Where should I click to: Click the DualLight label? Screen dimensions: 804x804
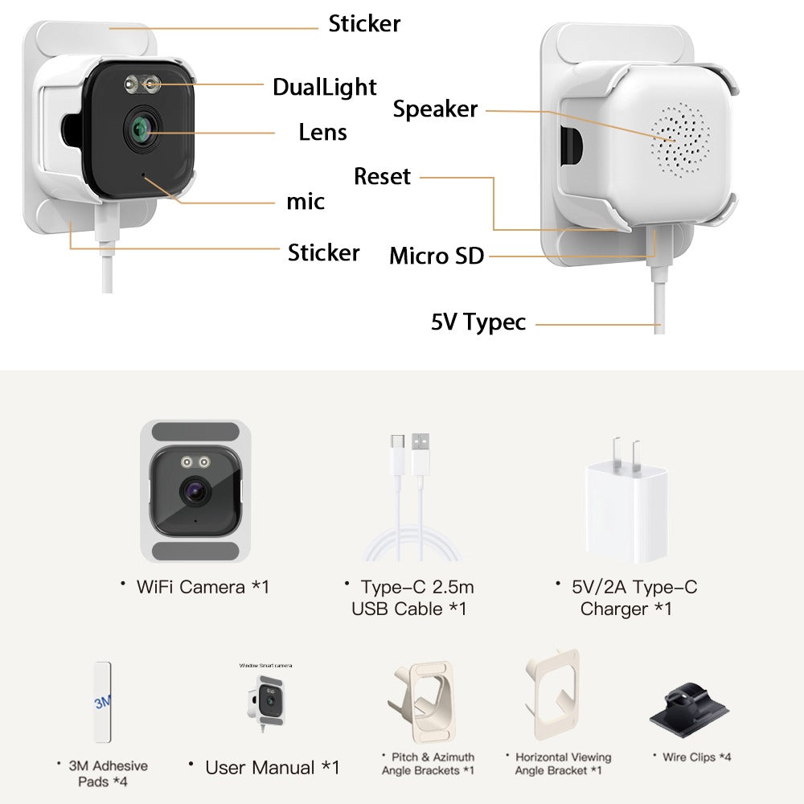[325, 88]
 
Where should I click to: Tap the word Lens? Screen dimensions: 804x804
[322, 133]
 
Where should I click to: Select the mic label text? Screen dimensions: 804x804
[306, 202]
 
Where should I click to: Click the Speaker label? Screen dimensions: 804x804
[435, 109]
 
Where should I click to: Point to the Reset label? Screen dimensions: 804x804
[382, 176]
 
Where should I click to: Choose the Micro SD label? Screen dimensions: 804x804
[437, 256]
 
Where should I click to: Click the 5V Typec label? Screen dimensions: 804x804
[478, 322]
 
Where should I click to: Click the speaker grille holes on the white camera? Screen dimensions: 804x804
[680, 140]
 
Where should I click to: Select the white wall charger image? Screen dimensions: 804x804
[626, 500]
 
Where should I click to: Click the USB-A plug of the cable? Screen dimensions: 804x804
[420, 453]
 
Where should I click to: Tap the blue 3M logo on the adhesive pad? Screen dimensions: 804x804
[103, 701]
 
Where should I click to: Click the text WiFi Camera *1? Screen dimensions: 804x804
[203, 587]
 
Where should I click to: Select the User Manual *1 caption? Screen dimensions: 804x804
[273, 768]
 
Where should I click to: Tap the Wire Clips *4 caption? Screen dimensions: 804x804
[696, 757]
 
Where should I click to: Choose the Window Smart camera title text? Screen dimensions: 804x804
[265, 666]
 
